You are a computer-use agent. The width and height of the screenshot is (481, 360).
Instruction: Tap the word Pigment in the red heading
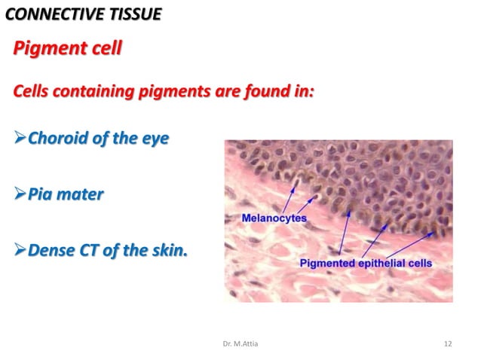[x=48, y=50]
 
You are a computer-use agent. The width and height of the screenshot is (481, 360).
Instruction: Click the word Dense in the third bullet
[x=54, y=249]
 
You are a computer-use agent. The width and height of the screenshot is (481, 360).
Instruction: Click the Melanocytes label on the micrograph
[x=274, y=218]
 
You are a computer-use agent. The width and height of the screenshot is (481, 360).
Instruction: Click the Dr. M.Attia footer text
[x=240, y=344]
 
